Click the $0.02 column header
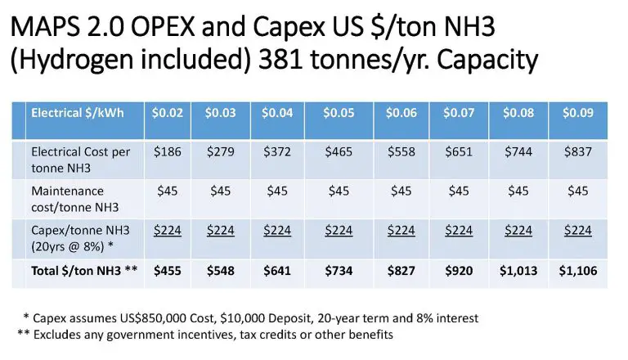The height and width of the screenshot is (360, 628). pyautogui.click(x=167, y=113)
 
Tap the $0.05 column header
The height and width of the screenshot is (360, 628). pyautogui.click(x=339, y=113)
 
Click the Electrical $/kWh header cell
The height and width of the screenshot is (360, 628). pyautogui.click(x=77, y=113)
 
